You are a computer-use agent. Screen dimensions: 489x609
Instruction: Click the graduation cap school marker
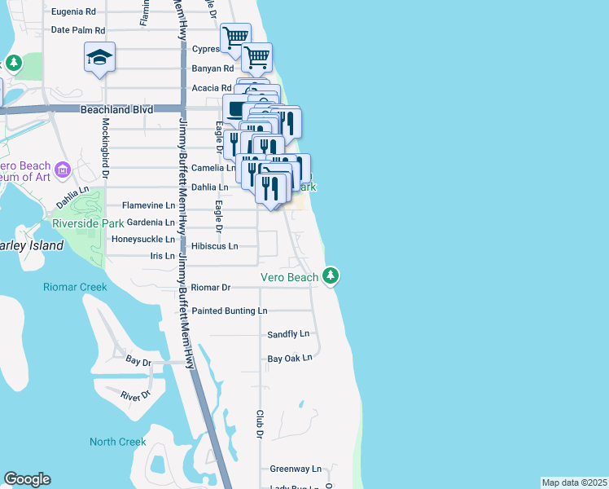pyautogui.click(x=99, y=58)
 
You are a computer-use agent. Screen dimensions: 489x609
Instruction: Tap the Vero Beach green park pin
pyautogui.click(x=331, y=275)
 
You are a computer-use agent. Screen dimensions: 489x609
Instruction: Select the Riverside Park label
pyautogui.click(x=87, y=223)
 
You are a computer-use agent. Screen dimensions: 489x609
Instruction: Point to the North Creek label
pyautogui.click(x=118, y=442)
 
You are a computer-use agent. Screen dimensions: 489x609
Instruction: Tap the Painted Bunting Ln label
pyautogui.click(x=229, y=311)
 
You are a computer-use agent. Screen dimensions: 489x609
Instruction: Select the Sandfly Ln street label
pyautogui.click(x=288, y=334)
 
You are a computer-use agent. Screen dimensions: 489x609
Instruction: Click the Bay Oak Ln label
pyautogui.click(x=290, y=358)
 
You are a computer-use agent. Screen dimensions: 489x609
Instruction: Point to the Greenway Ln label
pyautogui.click(x=296, y=469)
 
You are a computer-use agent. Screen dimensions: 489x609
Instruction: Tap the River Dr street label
pyautogui.click(x=136, y=395)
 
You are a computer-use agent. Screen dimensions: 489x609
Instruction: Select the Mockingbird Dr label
pyautogui.click(x=105, y=142)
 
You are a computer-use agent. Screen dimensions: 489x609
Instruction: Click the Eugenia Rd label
pyautogui.click(x=73, y=12)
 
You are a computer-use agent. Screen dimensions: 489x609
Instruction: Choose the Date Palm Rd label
pyautogui.click(x=78, y=30)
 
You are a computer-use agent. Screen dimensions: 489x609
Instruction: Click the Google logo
pyautogui.click(x=27, y=479)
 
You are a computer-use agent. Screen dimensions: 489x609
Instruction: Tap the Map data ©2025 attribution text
pyautogui.click(x=574, y=482)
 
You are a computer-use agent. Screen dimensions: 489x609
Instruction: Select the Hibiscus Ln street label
pyautogui.click(x=215, y=245)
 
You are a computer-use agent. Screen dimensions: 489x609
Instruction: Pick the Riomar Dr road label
pyautogui.click(x=212, y=287)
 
